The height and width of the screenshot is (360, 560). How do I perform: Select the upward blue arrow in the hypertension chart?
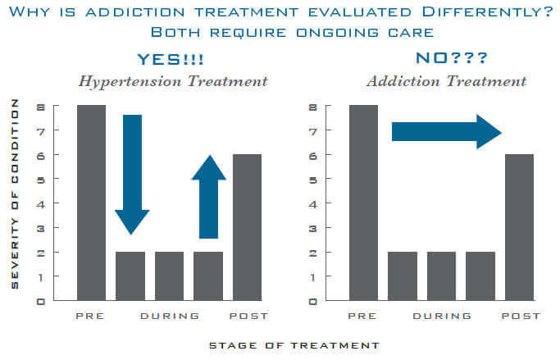point(208,197)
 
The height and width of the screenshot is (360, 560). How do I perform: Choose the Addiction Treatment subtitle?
point(447,81)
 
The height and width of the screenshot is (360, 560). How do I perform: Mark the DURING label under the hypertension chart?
point(170,316)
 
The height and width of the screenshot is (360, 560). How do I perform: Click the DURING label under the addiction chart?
point(443,316)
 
